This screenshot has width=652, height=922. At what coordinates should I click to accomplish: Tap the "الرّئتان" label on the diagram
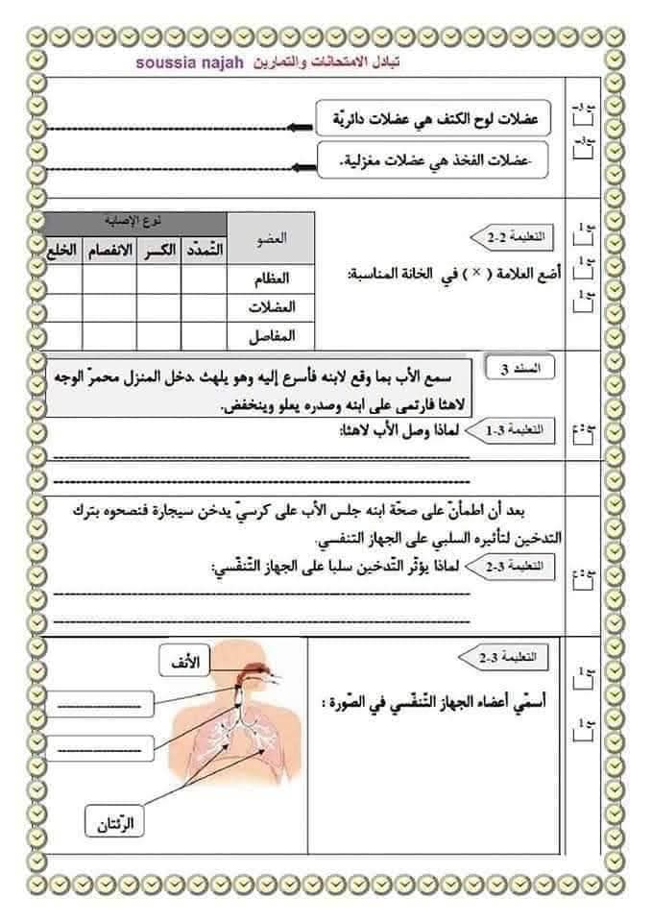[x=113, y=822]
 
